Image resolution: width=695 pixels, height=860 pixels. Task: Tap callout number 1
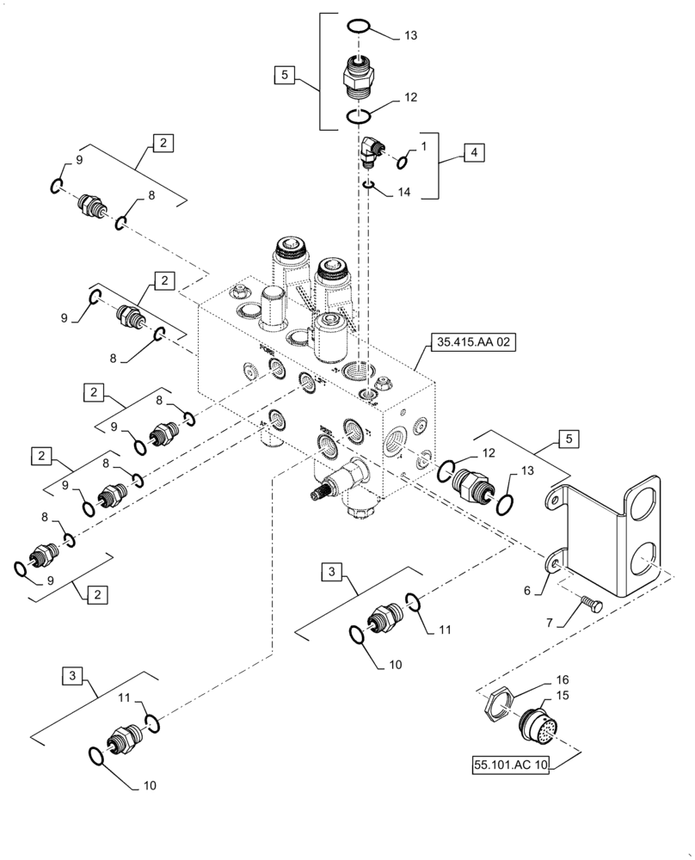coord(423,147)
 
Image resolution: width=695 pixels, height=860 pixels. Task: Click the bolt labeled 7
coord(589,606)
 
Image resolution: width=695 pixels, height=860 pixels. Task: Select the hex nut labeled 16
coord(495,709)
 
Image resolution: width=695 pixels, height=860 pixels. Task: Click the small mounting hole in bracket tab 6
coord(554,562)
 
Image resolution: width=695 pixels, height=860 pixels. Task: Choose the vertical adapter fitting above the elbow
coord(358,74)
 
